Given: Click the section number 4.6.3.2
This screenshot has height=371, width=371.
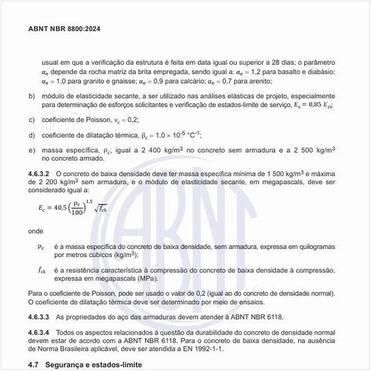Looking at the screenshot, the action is click(39, 174).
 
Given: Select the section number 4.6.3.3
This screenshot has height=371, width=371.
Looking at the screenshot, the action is click(39, 316).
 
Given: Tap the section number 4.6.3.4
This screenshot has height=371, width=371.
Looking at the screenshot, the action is click(39, 333).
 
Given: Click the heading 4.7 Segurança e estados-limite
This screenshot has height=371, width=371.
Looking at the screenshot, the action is click(82, 364).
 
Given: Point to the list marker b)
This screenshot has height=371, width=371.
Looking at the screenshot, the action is click(32, 96).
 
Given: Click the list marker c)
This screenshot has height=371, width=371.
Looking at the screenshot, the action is click(32, 119).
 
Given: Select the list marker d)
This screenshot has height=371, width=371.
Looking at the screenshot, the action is click(32, 134).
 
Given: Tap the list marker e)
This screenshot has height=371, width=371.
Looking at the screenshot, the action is click(32, 149).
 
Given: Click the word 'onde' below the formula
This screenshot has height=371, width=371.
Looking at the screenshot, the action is click(36, 231).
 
